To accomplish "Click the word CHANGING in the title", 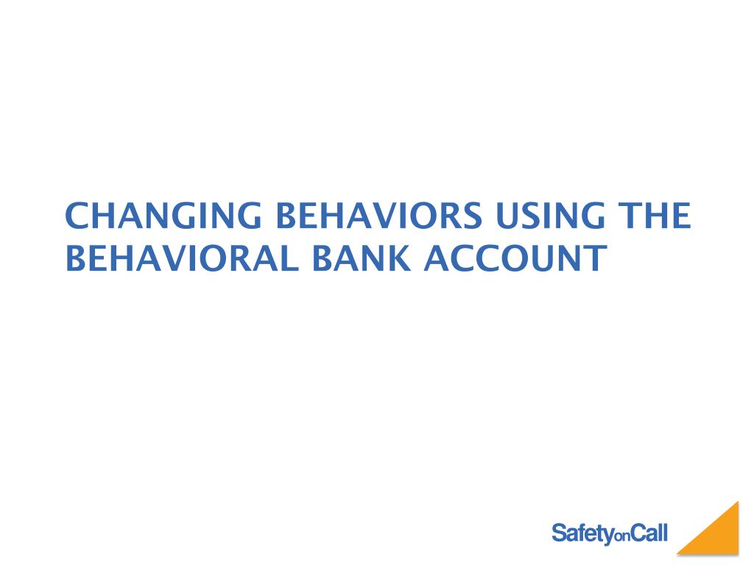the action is [x=163, y=216].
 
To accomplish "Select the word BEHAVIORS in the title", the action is [x=378, y=216].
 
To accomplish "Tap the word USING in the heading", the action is [x=550, y=216].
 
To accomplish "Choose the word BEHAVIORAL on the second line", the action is [x=182, y=258].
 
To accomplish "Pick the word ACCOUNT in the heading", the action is [x=515, y=258].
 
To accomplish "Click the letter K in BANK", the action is [x=401, y=258].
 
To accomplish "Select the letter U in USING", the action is [x=507, y=216].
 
